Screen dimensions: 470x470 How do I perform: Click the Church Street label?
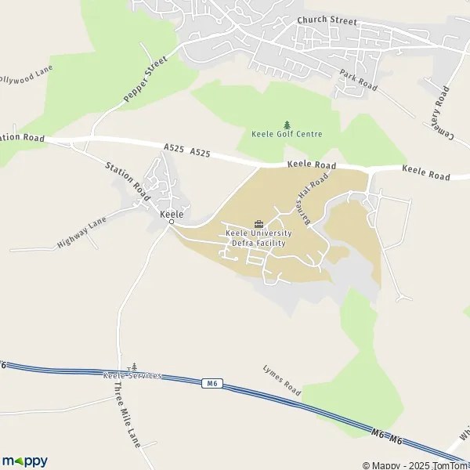click(x=327, y=21)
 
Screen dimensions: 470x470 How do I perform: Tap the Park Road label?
click(x=358, y=79)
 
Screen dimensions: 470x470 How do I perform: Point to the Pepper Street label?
click(x=146, y=79)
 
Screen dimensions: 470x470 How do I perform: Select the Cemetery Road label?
click(x=439, y=113)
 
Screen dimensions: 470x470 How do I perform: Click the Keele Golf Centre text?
click(x=287, y=134)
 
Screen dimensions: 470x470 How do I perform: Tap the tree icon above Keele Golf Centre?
click(x=287, y=124)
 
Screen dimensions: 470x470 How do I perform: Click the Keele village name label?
click(x=172, y=214)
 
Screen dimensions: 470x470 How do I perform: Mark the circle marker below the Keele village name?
click(x=172, y=223)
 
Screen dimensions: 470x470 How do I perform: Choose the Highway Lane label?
click(x=81, y=233)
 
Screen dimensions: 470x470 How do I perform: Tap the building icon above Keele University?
click(x=258, y=224)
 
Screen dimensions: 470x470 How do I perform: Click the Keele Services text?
click(x=132, y=376)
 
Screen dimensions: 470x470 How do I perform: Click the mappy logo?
click(x=24, y=461)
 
